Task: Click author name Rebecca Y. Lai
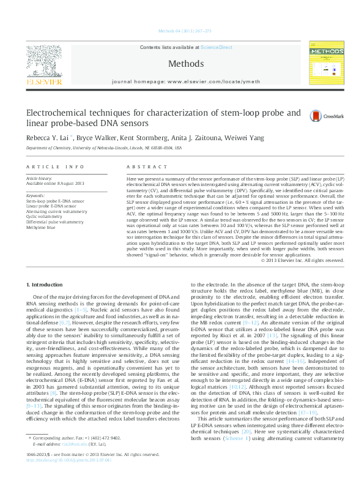coord(48,138)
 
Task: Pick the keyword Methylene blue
coord(40,227)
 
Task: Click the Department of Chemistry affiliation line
coord(103,148)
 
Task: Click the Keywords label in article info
coord(35,195)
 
